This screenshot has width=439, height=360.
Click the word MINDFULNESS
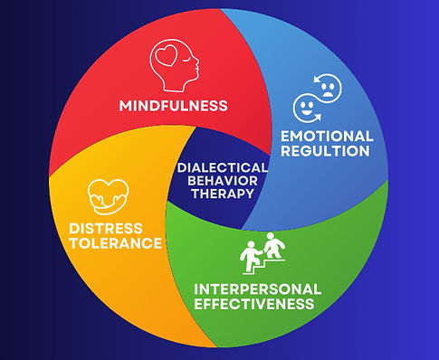coord(173,106)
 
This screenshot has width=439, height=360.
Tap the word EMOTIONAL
coord(328,136)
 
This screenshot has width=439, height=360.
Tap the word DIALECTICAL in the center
coord(223,167)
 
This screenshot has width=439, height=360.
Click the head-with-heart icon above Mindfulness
coord(172,66)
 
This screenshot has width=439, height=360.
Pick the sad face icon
coord(329,87)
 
